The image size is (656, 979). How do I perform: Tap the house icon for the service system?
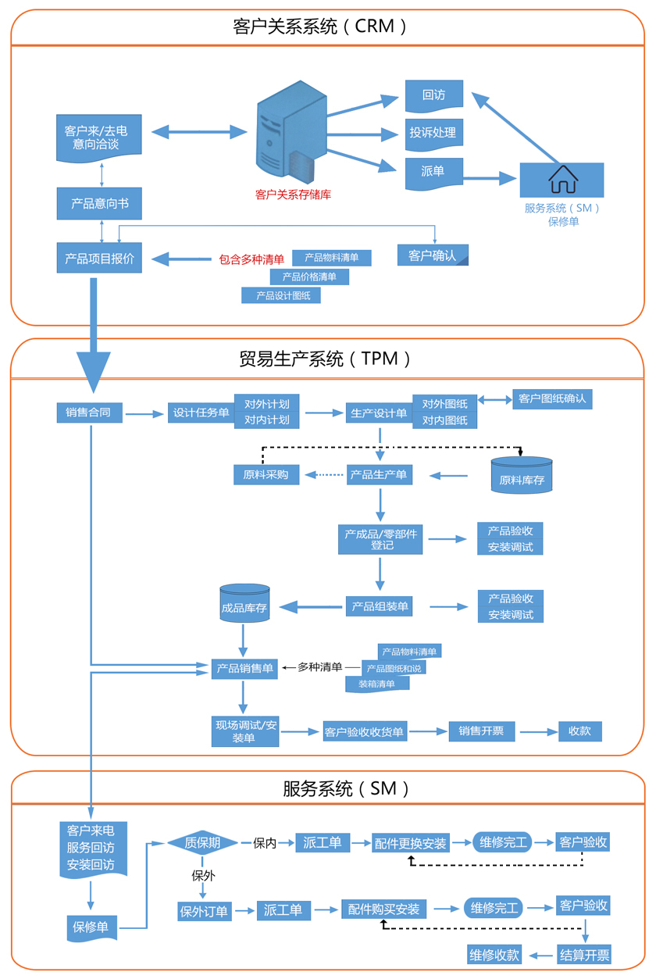tap(562, 179)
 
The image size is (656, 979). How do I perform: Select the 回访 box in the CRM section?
tap(434, 95)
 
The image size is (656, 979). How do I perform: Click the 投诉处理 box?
tap(434, 133)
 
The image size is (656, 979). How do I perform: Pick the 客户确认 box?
tap(433, 255)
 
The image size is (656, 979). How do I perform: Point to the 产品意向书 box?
tap(100, 204)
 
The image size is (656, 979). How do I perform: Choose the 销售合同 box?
tap(90, 413)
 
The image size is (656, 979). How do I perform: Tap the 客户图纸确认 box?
tap(551, 398)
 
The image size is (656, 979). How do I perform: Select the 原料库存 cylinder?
tap(522, 475)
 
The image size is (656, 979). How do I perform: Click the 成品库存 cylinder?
tap(245, 603)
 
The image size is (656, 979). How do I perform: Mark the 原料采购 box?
tap(266, 474)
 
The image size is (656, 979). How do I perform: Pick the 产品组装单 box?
tap(379, 606)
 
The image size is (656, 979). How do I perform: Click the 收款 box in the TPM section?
tap(579, 731)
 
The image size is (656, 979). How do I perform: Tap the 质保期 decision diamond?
tap(202, 843)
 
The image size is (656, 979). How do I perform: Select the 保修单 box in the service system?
tap(91, 927)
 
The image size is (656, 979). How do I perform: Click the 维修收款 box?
tap(494, 954)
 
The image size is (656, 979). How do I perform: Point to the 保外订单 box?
tap(205, 911)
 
